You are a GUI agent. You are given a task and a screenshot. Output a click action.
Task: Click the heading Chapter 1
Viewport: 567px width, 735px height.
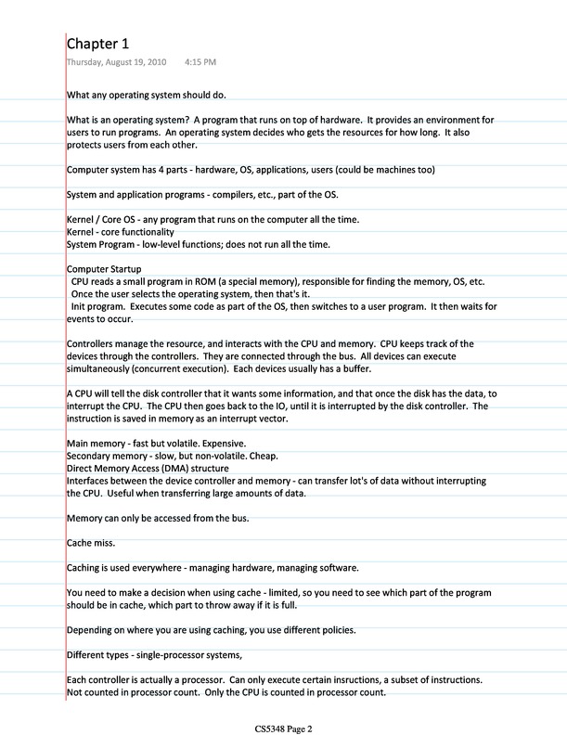[97, 44]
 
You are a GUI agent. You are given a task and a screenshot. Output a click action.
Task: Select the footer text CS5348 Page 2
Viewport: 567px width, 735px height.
[283, 729]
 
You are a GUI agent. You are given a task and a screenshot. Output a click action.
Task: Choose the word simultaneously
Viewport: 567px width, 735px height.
[97, 368]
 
